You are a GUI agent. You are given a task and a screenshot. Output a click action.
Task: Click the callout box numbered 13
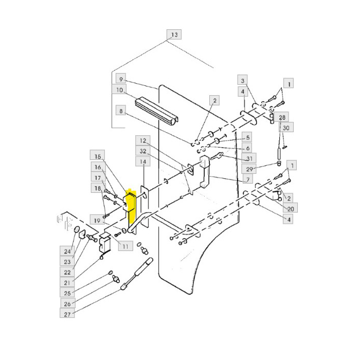coord(174,34)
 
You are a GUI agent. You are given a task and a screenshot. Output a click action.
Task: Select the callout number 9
coord(121,79)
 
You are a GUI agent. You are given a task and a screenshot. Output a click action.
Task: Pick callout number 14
coord(143,161)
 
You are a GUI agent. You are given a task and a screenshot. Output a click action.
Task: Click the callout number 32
coord(143,151)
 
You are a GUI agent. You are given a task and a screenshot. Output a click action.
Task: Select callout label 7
coord(248,179)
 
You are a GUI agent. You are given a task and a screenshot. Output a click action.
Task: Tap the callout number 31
coord(249,158)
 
